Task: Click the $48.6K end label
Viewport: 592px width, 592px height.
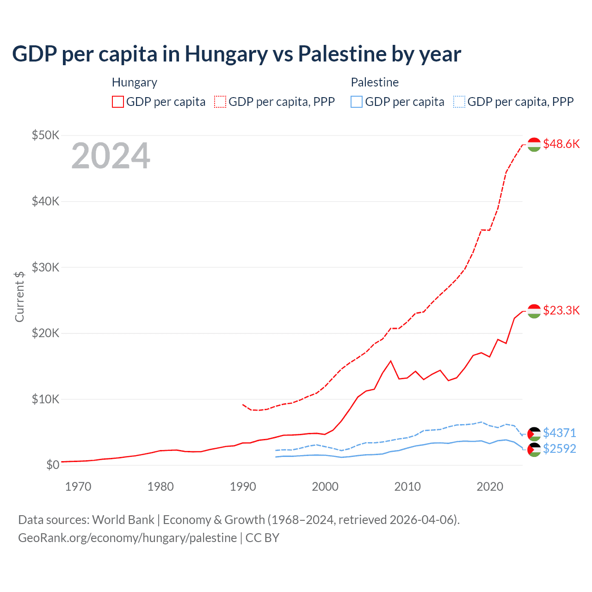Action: click(x=561, y=144)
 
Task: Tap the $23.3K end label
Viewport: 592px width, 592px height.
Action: click(x=561, y=310)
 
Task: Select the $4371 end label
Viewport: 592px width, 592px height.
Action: click(x=559, y=433)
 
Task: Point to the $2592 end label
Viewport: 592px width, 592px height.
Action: click(x=559, y=449)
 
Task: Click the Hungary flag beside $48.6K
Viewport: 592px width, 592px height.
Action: click(x=534, y=144)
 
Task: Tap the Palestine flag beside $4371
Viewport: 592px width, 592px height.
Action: click(x=534, y=434)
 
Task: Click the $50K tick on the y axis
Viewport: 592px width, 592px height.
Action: click(x=45, y=135)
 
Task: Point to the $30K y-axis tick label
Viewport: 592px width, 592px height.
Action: click(x=45, y=267)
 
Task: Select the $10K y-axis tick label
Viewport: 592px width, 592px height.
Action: click(x=45, y=399)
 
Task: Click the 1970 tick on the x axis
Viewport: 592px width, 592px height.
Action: click(x=78, y=487)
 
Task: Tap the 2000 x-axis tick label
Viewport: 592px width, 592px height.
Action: click(x=325, y=487)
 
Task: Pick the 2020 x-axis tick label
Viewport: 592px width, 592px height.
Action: click(x=490, y=487)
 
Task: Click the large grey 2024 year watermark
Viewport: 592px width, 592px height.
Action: click(x=111, y=155)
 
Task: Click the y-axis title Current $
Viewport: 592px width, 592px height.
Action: click(x=19, y=296)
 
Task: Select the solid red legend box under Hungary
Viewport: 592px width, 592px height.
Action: click(x=118, y=102)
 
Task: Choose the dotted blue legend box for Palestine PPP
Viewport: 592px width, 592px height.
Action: click(x=459, y=102)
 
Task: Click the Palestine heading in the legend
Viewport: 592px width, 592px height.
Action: click(x=375, y=82)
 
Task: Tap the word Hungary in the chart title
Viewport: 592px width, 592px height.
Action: click(x=226, y=54)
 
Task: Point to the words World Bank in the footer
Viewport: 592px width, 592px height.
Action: click(x=123, y=520)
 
